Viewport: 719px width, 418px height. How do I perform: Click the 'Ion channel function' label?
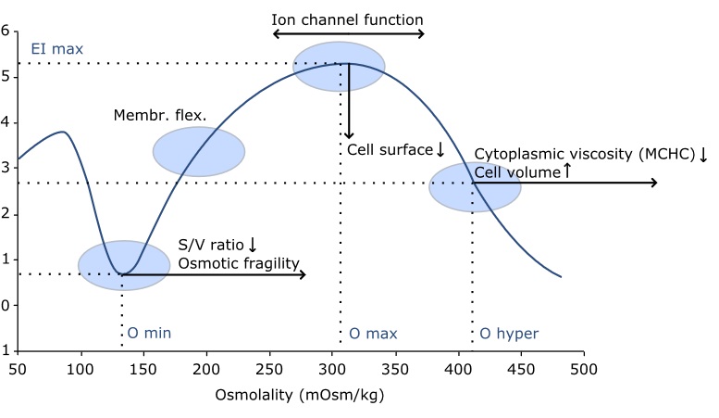pos(348,18)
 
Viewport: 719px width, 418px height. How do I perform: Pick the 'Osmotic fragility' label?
pos(240,263)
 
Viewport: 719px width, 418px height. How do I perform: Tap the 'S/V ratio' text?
pos(212,246)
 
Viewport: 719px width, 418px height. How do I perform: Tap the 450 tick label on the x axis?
pos(520,369)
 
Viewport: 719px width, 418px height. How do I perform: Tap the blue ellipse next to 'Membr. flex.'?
pos(199,151)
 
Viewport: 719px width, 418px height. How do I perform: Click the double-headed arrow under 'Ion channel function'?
pos(348,34)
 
